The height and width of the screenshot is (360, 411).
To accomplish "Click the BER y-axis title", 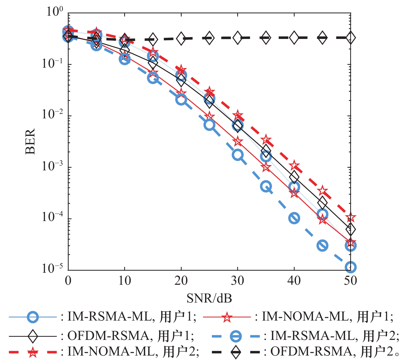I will pos(30,141).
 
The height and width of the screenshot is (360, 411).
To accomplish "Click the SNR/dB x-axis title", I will pos(209,298).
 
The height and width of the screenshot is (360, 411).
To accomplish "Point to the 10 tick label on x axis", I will pos(124,281).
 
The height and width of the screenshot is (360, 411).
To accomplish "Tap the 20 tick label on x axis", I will pos(181,281).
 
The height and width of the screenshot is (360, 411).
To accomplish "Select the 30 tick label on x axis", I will pos(237,281).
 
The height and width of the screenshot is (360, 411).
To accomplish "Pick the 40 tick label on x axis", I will pos(294,281).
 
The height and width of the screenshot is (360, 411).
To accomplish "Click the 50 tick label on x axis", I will pos(350,281).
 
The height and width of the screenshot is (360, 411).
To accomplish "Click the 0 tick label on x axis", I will pos(68,281).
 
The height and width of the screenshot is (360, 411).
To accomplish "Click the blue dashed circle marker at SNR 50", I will pos(350,267).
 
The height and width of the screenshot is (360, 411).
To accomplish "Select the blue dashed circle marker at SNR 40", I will pos(294,218).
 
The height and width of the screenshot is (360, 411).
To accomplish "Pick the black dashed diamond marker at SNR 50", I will pos(350,38).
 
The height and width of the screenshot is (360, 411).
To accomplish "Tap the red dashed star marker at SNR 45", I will pos(322,191).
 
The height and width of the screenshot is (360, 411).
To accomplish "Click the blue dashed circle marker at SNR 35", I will pos(266,186).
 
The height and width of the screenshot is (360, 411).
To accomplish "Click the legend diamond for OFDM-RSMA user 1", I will pos(33,336).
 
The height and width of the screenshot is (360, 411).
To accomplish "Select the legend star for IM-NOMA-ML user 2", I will pos(33,352).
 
